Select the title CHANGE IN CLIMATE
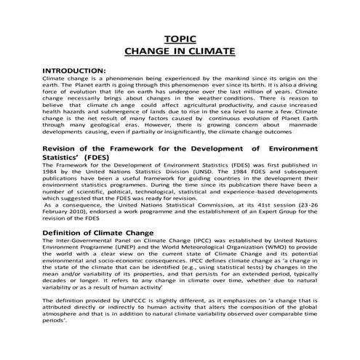pos(180,52)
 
